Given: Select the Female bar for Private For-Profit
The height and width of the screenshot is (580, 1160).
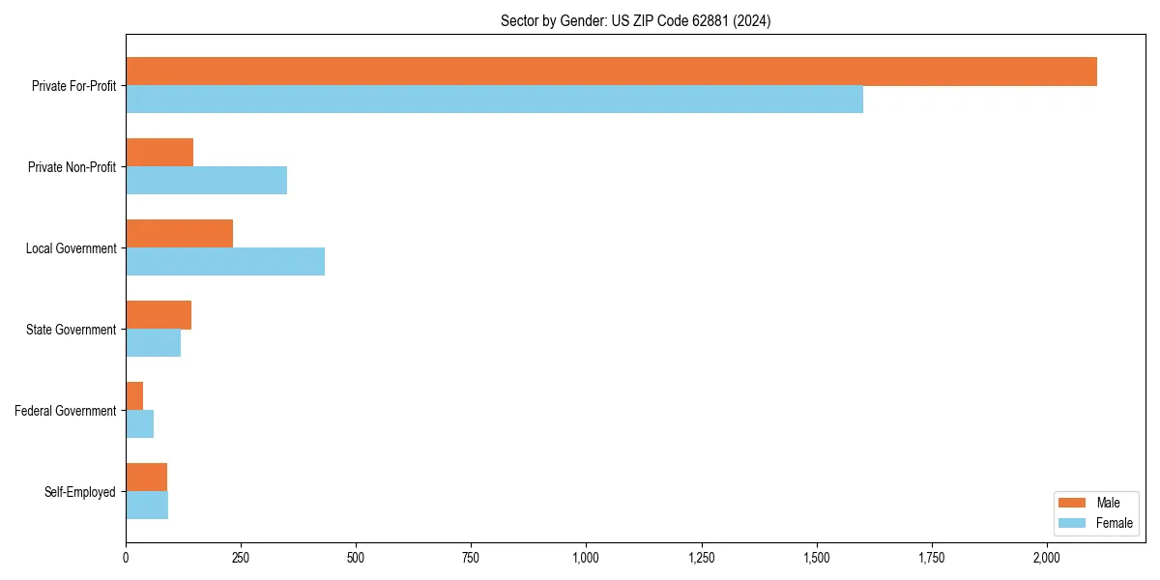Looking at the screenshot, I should (494, 100).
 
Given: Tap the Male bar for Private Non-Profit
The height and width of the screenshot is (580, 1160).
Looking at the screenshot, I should (159, 153).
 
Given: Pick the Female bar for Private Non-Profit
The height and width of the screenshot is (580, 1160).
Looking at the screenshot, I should (206, 181).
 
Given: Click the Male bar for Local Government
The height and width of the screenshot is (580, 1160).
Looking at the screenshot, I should (179, 234).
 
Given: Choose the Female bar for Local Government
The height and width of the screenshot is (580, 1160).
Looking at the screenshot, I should (225, 262).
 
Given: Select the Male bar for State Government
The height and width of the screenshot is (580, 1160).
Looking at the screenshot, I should (159, 315).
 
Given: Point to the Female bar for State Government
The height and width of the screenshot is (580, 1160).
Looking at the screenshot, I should (153, 343).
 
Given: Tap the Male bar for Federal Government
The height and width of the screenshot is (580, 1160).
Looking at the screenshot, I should (134, 396).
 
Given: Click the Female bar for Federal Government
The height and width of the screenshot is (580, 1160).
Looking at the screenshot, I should (139, 424).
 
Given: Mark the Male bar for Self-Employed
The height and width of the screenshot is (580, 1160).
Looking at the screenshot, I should (146, 478).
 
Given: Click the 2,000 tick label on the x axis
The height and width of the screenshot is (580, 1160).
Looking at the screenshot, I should (1047, 558).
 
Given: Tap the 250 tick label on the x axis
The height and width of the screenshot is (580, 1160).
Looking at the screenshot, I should (241, 558).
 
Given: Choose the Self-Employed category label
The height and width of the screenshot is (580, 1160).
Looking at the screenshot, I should (80, 492).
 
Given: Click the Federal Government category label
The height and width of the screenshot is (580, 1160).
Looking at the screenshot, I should (66, 411).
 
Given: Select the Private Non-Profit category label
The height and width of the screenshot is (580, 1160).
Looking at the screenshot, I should (72, 167).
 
